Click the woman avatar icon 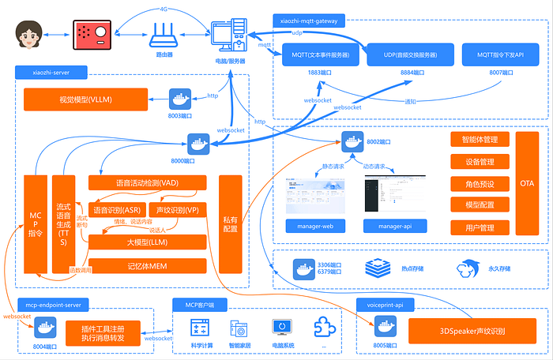(x=30, y=35)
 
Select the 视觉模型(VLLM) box (x=88, y=99)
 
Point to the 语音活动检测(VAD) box (x=147, y=183)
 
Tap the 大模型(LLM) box (x=147, y=242)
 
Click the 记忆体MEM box (x=147, y=266)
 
